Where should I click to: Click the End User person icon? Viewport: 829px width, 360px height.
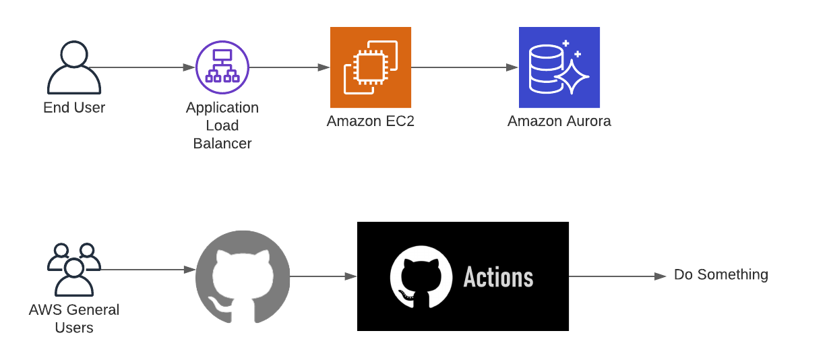74,67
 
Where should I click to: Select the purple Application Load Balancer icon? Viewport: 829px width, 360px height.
222,67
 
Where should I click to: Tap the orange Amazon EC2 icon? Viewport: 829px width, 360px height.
371,67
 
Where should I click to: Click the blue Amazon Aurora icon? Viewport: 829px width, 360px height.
559,67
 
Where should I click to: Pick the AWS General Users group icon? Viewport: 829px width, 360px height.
74,270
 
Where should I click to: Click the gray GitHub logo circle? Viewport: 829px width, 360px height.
243,277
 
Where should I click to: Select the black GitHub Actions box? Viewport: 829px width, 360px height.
463,276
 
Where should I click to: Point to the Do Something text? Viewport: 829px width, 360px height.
720,275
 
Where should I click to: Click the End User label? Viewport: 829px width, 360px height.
74,108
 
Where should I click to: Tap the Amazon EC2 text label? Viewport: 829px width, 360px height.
371,122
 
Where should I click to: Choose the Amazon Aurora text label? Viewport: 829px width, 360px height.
559,122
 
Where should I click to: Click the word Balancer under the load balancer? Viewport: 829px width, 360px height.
222,144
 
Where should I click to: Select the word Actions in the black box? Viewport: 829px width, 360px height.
498,277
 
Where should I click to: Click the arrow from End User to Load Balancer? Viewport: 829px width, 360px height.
142,67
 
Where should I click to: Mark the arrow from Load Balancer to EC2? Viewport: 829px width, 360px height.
290,67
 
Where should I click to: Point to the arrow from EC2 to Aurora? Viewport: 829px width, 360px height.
465,67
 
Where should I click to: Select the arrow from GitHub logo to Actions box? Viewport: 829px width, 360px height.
324,276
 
